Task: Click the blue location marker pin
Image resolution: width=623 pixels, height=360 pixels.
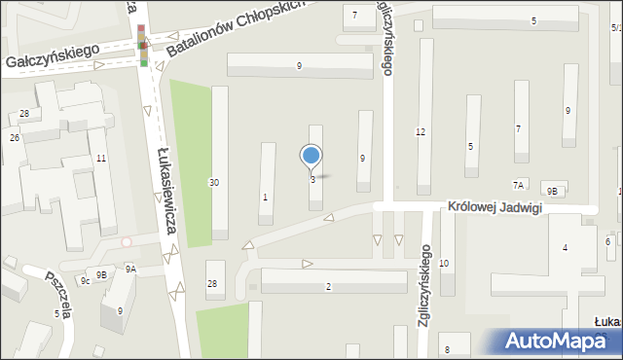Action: click(311, 156)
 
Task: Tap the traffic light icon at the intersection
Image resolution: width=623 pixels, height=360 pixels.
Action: click(144, 46)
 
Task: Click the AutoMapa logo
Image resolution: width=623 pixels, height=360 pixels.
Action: click(552, 342)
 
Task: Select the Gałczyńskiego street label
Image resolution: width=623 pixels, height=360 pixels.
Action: click(54, 60)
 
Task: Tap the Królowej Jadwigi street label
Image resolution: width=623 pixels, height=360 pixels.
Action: click(493, 207)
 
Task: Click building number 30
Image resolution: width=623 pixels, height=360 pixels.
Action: click(214, 183)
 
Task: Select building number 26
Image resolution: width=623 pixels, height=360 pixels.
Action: click(15, 138)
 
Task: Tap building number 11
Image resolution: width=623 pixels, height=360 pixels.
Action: click(100, 158)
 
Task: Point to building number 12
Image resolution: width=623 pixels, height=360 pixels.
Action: click(421, 131)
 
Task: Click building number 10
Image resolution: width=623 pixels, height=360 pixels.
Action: click(444, 264)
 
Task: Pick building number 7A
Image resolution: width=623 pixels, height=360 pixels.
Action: click(519, 185)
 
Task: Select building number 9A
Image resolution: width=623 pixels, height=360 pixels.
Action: click(130, 270)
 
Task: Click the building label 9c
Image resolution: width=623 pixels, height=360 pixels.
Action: click(86, 281)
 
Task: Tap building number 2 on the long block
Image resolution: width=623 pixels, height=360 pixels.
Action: click(328, 286)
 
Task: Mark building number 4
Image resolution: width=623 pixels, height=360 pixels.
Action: click(565, 248)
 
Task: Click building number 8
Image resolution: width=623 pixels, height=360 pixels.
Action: click(447, 349)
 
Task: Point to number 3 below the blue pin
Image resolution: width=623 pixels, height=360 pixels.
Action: click(312, 180)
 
